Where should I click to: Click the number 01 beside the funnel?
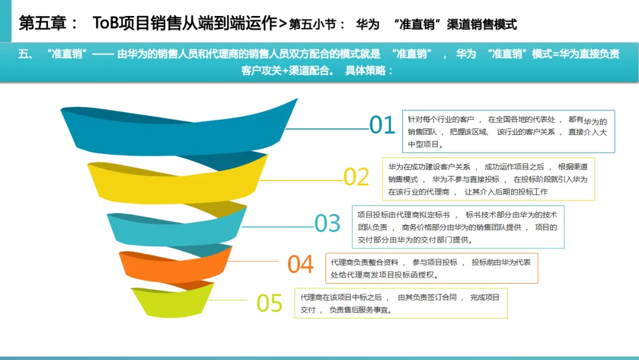382,125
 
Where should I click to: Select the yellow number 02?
356,177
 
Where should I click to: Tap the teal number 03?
327,223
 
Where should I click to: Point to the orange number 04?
301,264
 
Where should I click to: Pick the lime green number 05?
269,303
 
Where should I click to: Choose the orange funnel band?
172,265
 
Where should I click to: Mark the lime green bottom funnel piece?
172,299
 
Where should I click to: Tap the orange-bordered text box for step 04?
431,268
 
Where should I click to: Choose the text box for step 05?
401,303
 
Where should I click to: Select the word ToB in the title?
107,24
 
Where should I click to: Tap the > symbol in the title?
282,24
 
